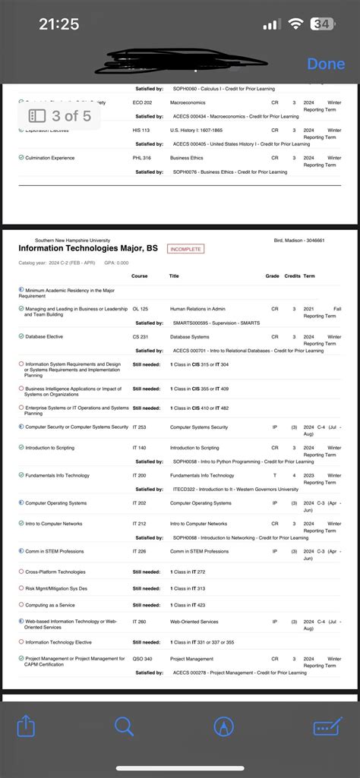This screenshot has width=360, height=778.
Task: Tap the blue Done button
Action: point(326,64)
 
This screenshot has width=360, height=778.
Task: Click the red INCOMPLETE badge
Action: point(186,249)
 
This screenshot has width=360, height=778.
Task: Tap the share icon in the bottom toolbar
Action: point(27,726)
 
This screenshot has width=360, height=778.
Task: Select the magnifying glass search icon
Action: point(124,726)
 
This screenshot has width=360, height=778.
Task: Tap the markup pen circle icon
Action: point(223,726)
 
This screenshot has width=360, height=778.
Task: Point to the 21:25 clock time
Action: point(58,24)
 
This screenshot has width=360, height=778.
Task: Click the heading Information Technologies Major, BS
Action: point(88,248)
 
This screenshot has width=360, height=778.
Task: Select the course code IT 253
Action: point(139,427)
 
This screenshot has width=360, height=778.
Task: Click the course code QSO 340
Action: point(142,659)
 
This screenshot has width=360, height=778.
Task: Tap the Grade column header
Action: point(272,276)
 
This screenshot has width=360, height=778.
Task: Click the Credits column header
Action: point(292,276)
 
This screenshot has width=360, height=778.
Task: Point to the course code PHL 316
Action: point(141,158)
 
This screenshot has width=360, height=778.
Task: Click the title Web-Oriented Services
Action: point(194,622)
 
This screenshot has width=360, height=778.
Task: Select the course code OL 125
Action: point(140,309)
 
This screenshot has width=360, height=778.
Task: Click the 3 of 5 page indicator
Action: point(60,116)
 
